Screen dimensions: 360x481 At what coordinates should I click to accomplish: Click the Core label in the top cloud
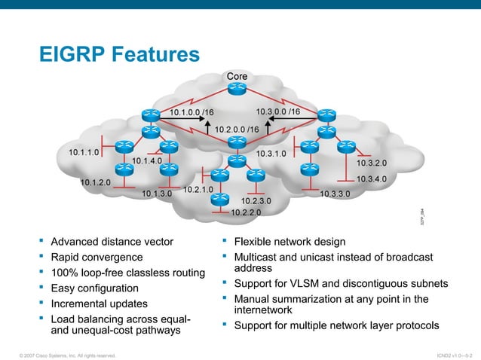point(237,76)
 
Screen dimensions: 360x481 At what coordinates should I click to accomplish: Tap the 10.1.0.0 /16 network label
point(191,113)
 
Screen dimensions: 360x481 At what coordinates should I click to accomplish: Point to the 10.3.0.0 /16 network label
point(277,112)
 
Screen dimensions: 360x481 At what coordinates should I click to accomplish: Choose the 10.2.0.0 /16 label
point(237,130)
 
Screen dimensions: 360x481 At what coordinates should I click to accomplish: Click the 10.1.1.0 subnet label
point(84,152)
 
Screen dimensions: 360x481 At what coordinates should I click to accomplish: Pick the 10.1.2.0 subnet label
point(96,182)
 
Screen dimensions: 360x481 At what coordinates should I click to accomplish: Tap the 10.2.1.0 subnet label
point(198,189)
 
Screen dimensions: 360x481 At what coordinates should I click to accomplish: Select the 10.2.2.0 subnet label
point(246,212)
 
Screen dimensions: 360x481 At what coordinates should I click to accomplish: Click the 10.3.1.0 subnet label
point(271,154)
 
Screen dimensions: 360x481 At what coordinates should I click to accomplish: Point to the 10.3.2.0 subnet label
point(371,162)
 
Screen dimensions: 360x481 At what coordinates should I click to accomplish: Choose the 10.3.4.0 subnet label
point(371,179)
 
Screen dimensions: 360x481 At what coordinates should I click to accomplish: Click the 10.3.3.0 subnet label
point(335,194)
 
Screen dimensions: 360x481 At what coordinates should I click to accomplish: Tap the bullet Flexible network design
point(290,242)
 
